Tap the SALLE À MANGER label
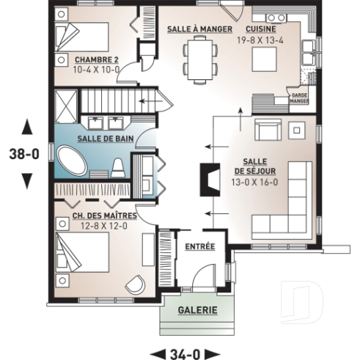point(199,29)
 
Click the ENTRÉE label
point(199,246)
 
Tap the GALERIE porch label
point(197,310)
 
